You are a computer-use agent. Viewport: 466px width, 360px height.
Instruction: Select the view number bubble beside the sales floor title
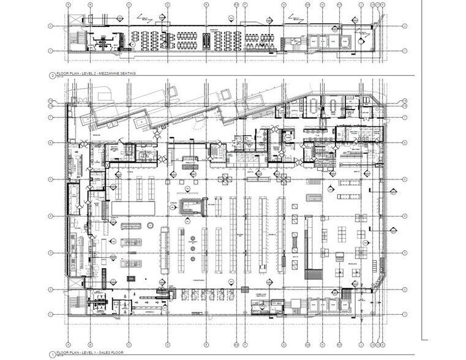tap(51, 354)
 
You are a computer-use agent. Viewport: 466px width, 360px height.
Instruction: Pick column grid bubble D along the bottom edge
tap(166, 343)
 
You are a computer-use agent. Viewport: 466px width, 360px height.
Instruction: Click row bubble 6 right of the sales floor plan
tap(405, 143)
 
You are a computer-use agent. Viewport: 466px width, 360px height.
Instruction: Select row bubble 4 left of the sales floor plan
tap(51, 216)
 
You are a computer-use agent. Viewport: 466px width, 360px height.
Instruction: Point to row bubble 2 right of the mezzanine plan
tap(405, 26)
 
